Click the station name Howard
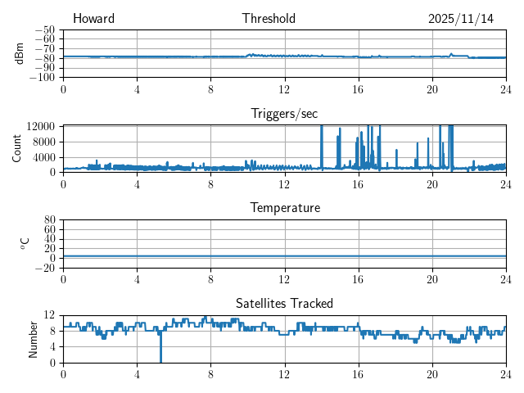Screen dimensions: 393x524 [93, 19]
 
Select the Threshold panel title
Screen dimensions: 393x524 [269, 19]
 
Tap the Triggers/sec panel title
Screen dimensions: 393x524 [284, 114]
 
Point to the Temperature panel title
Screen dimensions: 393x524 [284, 208]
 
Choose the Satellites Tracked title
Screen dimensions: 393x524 [284, 303]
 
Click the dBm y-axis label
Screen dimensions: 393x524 [19, 53]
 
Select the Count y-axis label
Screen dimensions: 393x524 [17, 148]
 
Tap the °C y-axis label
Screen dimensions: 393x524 [25, 243]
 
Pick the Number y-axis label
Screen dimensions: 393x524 [34, 338]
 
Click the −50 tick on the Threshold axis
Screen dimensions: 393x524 [45, 29]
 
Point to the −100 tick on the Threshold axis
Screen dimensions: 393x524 [42, 77]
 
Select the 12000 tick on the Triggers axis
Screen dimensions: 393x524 [41, 126]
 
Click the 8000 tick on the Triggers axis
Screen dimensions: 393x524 [44, 141]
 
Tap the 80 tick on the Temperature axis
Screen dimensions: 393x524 [50, 220]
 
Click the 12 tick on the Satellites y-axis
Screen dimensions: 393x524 [50, 315]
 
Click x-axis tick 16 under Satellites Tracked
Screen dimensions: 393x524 [358, 373]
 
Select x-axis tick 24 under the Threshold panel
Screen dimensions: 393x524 [505, 88]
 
